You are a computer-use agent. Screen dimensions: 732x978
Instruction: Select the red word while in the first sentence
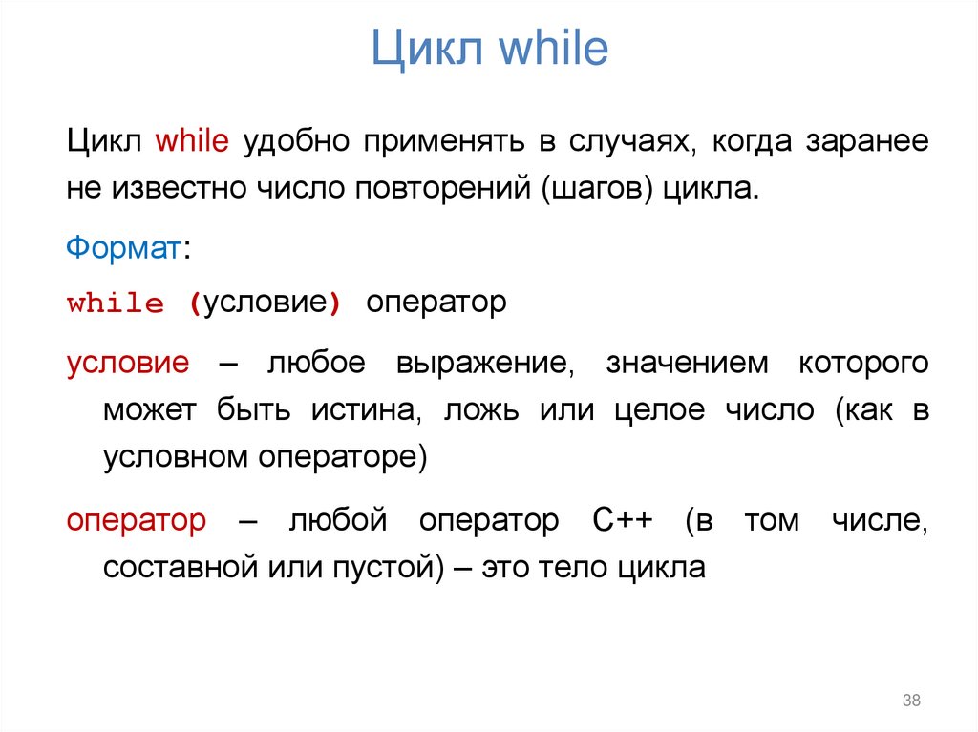point(193,141)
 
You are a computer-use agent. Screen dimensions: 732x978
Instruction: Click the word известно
point(180,187)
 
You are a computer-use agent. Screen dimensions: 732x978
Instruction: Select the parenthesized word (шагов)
point(596,188)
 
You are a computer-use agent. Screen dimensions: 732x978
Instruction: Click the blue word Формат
point(123,248)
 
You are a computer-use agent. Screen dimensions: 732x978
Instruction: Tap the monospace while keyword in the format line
point(116,305)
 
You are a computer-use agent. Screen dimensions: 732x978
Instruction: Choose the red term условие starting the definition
point(128,364)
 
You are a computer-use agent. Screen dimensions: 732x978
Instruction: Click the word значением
point(687,364)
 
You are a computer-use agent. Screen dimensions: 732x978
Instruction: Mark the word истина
point(362,411)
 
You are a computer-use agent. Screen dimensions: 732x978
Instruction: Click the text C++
point(621,522)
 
